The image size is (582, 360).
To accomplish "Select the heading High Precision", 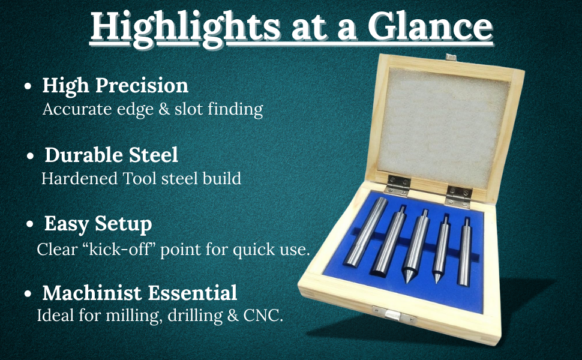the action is click(115, 86).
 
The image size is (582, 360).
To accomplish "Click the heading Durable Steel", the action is click(112, 155).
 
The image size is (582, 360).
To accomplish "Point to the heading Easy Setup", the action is click(98, 224).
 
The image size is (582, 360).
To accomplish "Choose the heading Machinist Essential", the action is click(140, 292).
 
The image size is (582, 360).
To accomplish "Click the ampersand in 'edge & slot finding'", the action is click(164, 109).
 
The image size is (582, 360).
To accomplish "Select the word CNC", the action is click(263, 316).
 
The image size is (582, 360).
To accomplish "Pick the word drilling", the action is click(195, 316).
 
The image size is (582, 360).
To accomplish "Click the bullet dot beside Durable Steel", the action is click(31, 155).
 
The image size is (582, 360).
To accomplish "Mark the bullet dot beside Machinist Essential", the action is click(28, 293).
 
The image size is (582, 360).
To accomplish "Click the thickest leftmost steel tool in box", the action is click(365, 232).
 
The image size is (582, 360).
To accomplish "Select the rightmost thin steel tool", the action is click(464, 253).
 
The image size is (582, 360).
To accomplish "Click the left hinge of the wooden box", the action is click(397, 185).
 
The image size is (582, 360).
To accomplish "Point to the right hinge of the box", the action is click(458, 196).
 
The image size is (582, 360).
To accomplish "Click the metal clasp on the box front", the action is click(394, 314).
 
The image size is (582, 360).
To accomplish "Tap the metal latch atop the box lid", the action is click(451, 57).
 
